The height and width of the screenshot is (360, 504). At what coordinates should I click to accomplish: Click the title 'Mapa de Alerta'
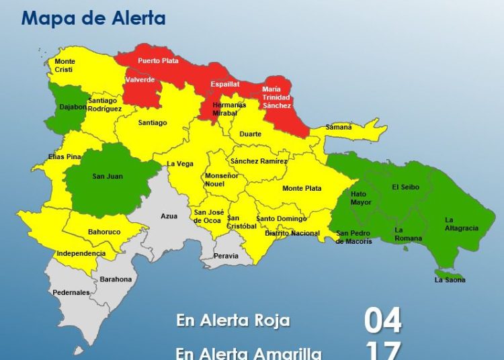93,17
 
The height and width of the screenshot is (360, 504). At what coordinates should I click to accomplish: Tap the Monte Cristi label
65,66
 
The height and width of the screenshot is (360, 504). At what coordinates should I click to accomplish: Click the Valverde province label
140,80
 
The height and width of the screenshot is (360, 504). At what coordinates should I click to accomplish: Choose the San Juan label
108,177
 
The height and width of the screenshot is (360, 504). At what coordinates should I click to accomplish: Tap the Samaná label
339,127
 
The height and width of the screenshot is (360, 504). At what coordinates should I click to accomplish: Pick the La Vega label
180,163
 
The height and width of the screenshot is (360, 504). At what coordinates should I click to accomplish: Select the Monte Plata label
302,189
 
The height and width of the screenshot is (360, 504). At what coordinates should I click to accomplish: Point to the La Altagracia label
462,224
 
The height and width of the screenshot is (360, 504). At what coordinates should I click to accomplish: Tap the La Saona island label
450,279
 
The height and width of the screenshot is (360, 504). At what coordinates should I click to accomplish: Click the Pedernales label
71,293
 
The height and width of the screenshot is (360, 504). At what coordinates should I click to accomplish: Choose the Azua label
169,216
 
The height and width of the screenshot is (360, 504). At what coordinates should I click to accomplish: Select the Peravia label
226,256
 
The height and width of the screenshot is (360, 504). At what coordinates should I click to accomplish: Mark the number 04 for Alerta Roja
383,320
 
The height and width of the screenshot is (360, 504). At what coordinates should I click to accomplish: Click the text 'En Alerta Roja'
233,320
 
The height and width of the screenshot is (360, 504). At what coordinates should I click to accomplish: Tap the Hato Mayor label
361,197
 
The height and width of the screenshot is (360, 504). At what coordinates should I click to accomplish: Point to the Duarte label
251,134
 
